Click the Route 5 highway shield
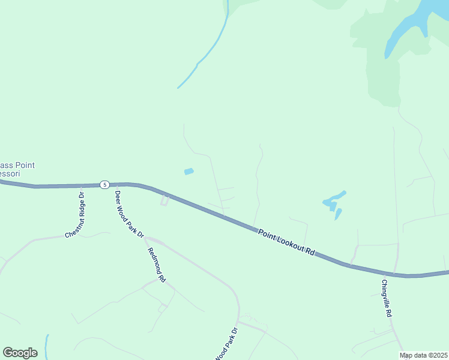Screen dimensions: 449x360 (104, 184)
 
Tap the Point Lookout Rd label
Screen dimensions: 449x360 (286, 242)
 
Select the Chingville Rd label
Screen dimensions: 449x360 (387, 298)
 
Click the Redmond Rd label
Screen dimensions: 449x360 (155, 264)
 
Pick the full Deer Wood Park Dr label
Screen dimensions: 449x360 (129, 214)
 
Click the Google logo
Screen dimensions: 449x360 (20, 353)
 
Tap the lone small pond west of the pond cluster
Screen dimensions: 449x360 (188, 172)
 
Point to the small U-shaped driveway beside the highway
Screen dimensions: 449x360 (164, 200)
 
